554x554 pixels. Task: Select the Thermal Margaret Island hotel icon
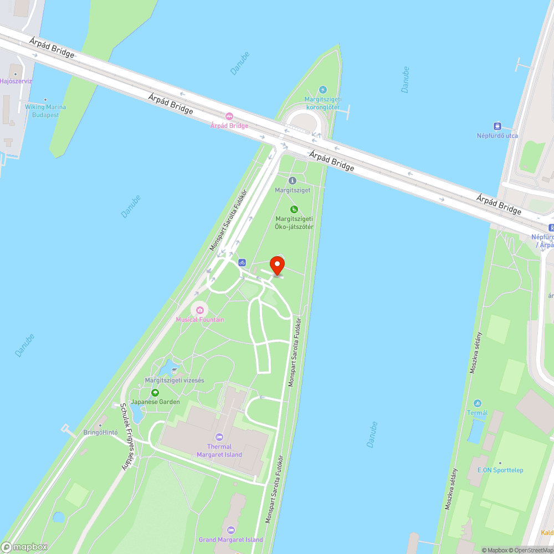pos(219,437)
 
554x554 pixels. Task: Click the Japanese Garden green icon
pos(155,393)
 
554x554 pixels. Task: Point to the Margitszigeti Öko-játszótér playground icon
pos(294,209)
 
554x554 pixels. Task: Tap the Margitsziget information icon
pos(293,181)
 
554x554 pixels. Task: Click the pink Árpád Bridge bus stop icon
pos(229,116)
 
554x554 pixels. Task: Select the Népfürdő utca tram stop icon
pos(497,126)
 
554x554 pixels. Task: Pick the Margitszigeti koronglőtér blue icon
pos(323,90)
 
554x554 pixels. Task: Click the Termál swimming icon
pos(478,403)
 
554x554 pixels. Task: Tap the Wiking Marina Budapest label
pos(45,111)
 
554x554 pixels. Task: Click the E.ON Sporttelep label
pos(500,470)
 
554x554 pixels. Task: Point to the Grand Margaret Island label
pos(231,540)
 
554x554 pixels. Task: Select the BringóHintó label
pos(100,433)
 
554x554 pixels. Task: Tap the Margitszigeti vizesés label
pos(175,380)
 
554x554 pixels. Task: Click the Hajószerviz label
pos(16,81)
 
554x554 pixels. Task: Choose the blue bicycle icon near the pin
pos(242,263)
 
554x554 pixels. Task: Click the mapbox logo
pos(25,546)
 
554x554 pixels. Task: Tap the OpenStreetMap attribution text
pos(533,550)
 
